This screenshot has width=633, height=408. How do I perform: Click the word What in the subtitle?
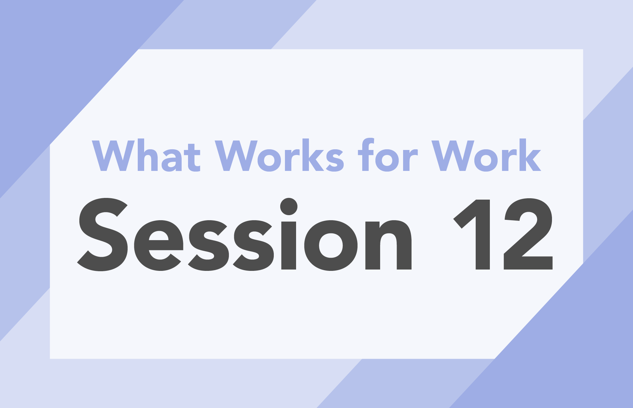(x=146, y=155)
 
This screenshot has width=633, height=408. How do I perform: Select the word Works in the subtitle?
(x=280, y=155)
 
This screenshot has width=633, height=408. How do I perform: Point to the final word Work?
(x=486, y=155)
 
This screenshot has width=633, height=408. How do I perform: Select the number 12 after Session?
(x=503, y=234)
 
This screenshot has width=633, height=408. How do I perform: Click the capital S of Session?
(x=103, y=234)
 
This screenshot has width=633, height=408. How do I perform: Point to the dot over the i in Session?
(x=289, y=206)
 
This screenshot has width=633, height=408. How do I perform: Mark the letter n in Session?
(x=389, y=245)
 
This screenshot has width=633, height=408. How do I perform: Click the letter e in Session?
(x=159, y=246)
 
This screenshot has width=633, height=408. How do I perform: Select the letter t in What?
(x=193, y=157)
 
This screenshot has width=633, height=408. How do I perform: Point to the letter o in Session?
(x=331, y=246)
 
